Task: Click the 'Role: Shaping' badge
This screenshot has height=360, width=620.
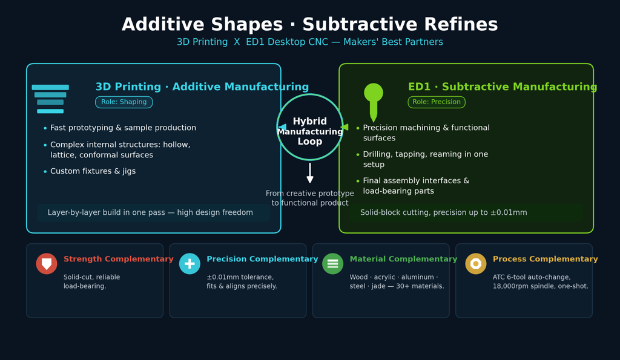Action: [x=124, y=102]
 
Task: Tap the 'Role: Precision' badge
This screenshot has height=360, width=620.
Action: [x=437, y=102]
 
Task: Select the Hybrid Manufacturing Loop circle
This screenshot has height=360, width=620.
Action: [x=310, y=127]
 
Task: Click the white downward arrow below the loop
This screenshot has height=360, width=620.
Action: [x=310, y=173]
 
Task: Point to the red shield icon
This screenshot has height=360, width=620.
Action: [x=47, y=264]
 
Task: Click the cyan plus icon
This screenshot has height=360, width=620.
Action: [x=190, y=264]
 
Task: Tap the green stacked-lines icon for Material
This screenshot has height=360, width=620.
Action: [x=333, y=264]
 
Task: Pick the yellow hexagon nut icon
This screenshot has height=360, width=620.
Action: [x=476, y=264]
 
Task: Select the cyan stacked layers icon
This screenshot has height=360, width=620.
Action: [x=50, y=99]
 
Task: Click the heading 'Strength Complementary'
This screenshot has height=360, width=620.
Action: [x=119, y=259]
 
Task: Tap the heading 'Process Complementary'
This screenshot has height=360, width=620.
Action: [x=546, y=259]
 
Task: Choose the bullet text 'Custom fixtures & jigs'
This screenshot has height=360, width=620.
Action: [x=93, y=171]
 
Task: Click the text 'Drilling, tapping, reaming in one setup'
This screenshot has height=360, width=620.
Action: [x=426, y=159]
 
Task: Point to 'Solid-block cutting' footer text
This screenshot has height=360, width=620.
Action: [x=444, y=212]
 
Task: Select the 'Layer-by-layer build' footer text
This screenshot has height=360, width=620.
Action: [x=150, y=212]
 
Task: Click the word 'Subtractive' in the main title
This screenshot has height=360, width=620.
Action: [x=360, y=24]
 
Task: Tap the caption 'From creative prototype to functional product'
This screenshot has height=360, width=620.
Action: [x=310, y=198]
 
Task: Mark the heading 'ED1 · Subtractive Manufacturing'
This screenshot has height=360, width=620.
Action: [x=503, y=87]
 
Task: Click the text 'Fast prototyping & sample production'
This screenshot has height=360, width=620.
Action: [x=123, y=128]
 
